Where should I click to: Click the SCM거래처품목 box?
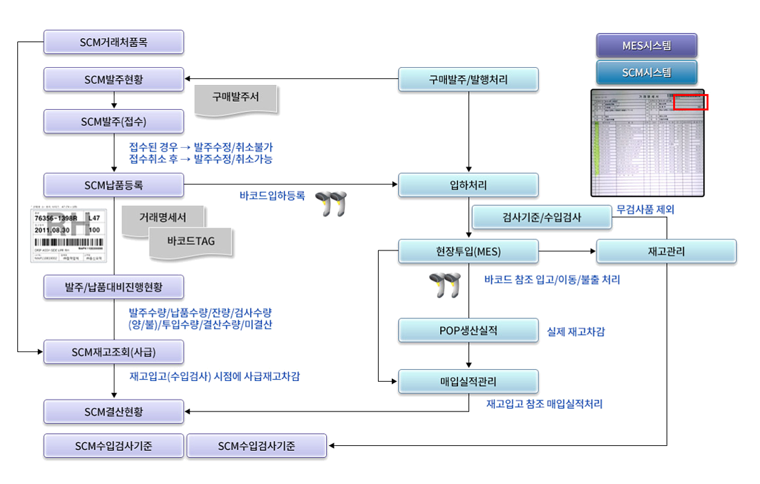point(114,42)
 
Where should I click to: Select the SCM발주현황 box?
point(114,79)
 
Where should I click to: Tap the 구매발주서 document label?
point(236,97)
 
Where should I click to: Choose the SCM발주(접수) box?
point(114,121)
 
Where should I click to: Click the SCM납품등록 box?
point(114,185)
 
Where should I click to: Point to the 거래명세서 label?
point(163,217)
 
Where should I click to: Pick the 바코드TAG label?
point(191,242)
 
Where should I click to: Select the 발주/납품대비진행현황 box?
point(114,286)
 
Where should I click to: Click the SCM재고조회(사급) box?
point(114,352)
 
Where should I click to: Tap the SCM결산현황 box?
point(114,412)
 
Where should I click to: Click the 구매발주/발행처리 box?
point(468,80)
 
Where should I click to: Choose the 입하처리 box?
point(468,185)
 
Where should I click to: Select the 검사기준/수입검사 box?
point(542,217)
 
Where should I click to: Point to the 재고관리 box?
point(666,251)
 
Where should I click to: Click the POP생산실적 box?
point(468,331)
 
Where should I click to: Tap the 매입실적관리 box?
point(468,381)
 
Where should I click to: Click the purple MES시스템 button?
point(647,46)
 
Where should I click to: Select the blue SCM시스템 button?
point(647,72)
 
